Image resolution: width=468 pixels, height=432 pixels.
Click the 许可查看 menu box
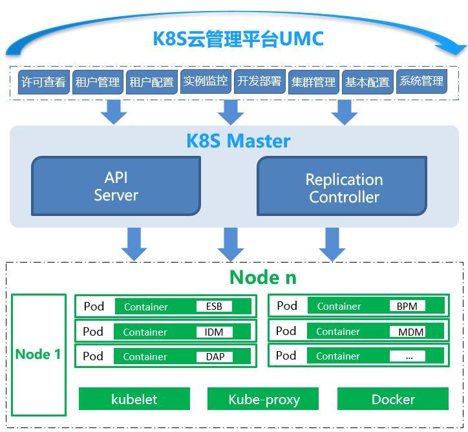pos(44,81)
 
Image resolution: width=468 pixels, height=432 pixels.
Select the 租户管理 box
pos(98,81)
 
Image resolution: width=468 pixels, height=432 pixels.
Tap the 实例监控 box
pos(206,81)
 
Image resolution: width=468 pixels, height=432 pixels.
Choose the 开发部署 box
pos(260,81)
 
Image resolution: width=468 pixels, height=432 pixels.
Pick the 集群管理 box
pos(314,81)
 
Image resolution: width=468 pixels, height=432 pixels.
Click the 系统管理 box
pos(421,81)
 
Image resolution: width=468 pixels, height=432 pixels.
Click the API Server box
pos(116,186)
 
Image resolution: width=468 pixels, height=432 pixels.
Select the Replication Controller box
pos(342,186)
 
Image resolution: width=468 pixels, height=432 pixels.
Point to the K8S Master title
pos(238,140)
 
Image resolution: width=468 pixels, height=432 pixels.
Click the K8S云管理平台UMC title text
pos(238,39)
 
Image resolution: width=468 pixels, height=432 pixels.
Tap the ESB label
pos(214,307)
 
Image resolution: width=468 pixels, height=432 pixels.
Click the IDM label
pos(214,332)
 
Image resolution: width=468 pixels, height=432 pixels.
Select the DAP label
pos(215,356)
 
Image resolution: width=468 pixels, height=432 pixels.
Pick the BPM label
pos(407,306)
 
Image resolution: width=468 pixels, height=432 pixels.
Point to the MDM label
pos(407,331)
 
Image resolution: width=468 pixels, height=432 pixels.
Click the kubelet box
pos(134,399)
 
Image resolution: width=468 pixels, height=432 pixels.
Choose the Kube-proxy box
pos(263,399)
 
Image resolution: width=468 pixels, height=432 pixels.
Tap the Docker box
pos(393,399)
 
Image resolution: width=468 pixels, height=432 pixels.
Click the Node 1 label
pos(38,354)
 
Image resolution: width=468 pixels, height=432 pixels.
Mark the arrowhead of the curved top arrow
pos(464,50)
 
